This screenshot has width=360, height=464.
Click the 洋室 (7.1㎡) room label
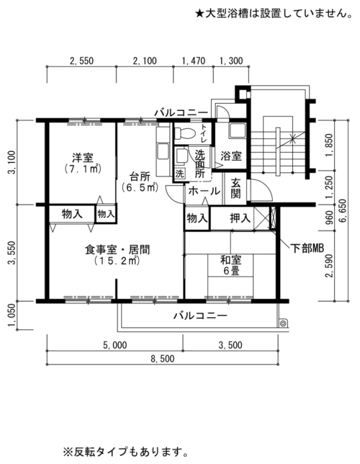(83, 163)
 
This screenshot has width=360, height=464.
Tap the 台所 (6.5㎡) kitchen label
(140, 182)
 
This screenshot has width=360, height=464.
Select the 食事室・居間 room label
(117, 255)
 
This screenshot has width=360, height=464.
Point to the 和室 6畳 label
(231, 265)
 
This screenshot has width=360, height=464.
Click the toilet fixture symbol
(184, 133)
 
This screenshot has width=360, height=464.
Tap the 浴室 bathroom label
(231, 156)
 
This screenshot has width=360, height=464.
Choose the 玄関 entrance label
(235, 189)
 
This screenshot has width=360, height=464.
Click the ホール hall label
(204, 191)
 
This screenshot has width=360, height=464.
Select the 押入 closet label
(240, 218)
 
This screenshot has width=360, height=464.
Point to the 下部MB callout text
(307, 249)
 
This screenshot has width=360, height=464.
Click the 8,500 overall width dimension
(163, 359)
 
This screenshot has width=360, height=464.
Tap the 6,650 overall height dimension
(345, 211)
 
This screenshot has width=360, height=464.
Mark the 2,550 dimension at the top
(81, 61)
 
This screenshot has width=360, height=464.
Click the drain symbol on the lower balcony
(283, 324)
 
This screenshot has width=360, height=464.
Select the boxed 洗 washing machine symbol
(179, 174)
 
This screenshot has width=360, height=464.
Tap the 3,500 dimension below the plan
(230, 345)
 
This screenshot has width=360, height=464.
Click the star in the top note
(199, 14)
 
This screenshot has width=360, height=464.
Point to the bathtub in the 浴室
(237, 130)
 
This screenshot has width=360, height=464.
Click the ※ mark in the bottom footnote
(68, 452)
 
